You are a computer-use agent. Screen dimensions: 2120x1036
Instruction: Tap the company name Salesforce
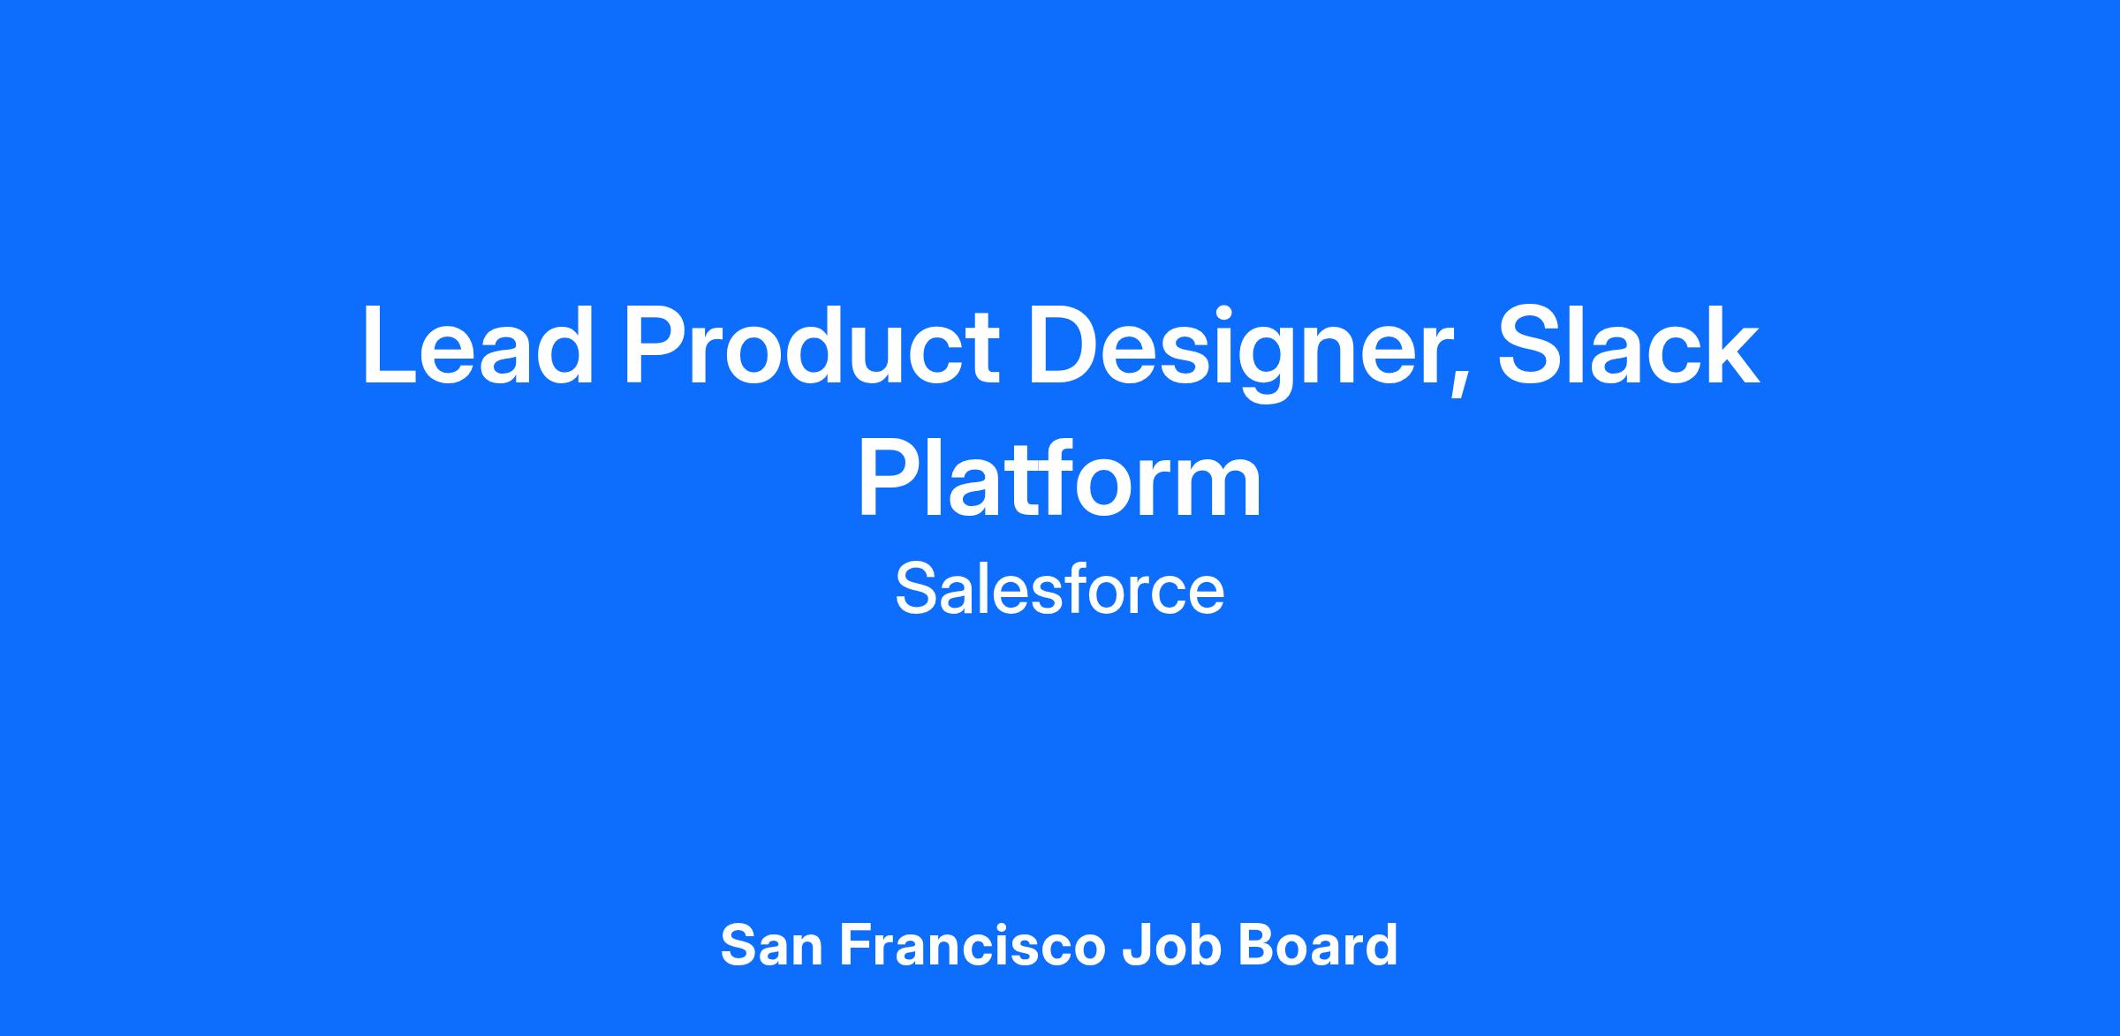pyautogui.click(x=1060, y=589)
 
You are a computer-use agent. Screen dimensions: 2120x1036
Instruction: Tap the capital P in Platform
pyautogui.click(x=890, y=476)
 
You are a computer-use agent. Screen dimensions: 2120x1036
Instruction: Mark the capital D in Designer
pyautogui.click(x=1064, y=345)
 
